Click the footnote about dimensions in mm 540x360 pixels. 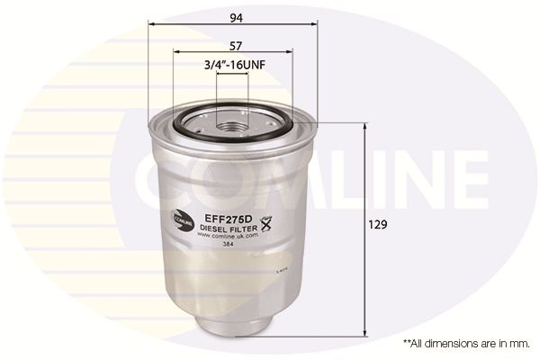(463, 344)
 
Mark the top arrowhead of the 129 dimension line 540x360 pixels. (364, 125)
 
